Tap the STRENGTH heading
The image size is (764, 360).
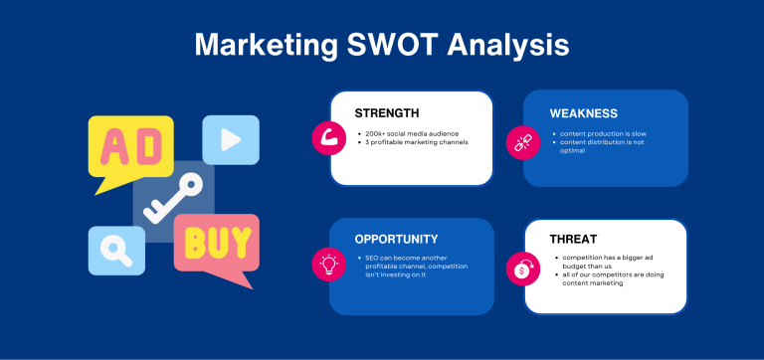point(387,113)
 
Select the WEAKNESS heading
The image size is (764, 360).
point(584,113)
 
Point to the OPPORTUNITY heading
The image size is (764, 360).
point(396,239)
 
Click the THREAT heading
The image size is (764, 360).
point(576,240)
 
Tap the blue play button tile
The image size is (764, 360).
point(231,139)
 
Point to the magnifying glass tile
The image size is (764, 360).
point(116,250)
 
